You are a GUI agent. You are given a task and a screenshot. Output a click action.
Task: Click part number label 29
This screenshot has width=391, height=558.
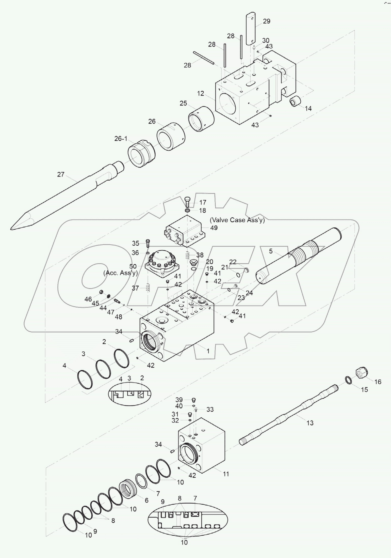tap(266, 21)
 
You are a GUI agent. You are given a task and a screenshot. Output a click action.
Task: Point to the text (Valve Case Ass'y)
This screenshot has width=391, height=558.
tap(237, 220)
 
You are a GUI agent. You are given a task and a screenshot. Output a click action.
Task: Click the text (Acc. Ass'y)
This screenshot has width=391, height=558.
tap(120, 273)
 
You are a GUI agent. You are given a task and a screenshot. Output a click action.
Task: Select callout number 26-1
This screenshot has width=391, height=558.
tap(121, 139)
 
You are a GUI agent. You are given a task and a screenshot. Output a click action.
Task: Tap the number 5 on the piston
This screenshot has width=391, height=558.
tap(271, 251)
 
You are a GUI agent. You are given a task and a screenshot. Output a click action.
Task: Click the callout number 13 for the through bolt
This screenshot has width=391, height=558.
tap(310, 423)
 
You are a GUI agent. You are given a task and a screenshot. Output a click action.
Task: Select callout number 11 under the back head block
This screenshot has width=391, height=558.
tap(226, 474)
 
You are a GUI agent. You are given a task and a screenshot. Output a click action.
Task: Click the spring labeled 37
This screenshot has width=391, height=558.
tap(148, 288)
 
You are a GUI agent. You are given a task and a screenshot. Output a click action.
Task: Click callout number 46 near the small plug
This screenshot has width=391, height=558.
tap(88, 299)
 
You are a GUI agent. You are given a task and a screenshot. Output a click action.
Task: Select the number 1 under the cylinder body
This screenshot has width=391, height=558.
tap(208, 351)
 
